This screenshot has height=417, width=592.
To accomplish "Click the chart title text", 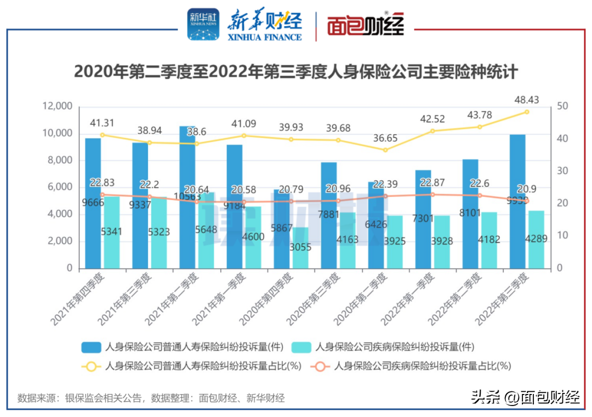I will (296, 72).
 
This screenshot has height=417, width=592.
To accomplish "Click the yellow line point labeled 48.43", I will (527, 112).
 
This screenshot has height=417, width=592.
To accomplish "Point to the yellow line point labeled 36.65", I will (385, 150).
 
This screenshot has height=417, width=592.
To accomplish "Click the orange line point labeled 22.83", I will (103, 195).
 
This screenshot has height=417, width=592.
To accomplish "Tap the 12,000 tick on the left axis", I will (57, 106).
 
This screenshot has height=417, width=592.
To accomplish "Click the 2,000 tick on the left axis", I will (60, 241).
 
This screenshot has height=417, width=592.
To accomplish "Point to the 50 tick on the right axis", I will (562, 106).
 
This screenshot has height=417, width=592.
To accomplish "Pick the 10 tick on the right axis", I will (562, 236).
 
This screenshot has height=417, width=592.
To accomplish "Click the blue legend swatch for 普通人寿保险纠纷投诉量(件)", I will (91, 347).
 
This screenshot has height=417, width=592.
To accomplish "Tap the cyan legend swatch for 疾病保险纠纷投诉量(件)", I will (301, 347).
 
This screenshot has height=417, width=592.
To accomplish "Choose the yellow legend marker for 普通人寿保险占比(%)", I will (91, 365).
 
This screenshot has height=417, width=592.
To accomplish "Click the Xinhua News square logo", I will (203, 25).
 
